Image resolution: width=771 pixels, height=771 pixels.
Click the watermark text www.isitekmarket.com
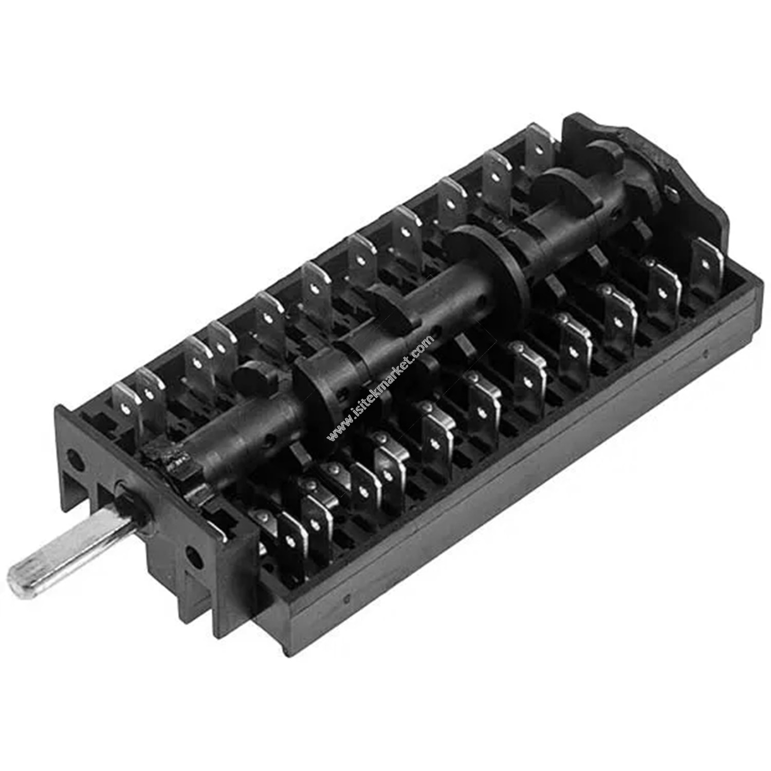(381, 388)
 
